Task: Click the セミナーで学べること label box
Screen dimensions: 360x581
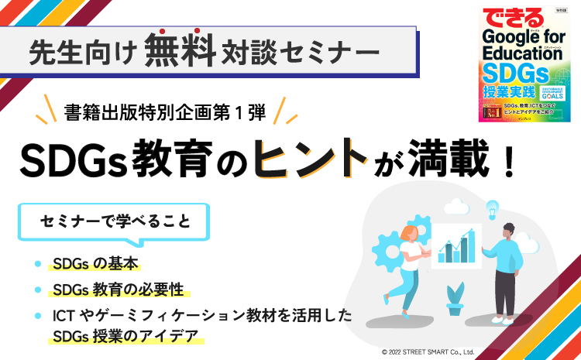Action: click(115, 222)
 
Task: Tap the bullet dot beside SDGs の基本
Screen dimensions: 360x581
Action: click(38, 264)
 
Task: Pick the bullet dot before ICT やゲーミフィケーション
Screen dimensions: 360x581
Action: click(38, 316)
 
